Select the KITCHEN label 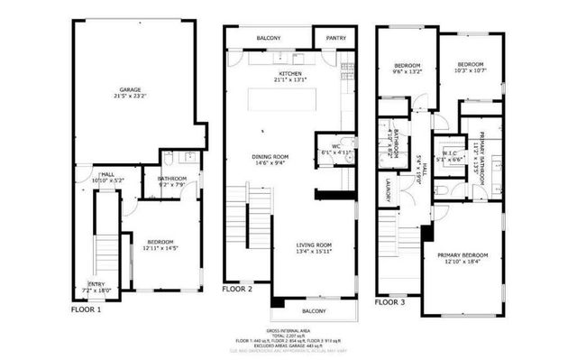tap(289, 73)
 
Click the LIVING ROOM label tap(315, 245)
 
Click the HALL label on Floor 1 tap(106, 172)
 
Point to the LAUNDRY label tap(386, 189)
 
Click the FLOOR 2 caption tap(239, 291)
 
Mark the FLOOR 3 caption tap(392, 301)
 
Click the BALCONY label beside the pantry tap(268, 38)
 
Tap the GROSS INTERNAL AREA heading tap(288, 331)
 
